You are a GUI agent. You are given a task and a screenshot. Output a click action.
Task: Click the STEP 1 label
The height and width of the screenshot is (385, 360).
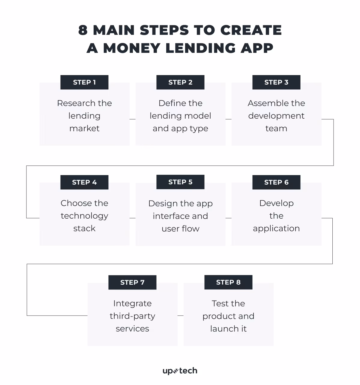84,82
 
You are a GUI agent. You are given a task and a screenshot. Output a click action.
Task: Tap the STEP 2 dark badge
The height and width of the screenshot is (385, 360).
180,82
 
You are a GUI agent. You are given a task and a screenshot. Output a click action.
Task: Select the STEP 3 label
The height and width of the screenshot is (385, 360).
276,82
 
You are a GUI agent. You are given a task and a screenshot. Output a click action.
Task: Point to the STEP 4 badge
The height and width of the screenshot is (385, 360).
84,182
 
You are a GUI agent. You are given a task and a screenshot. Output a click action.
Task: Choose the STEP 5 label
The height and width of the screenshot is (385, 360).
180,182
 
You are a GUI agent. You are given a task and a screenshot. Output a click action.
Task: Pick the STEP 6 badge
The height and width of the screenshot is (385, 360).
276,182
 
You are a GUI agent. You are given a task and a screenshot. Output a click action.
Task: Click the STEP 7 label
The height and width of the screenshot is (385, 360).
132,282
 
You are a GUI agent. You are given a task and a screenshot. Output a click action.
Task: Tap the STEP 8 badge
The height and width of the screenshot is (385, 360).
228,282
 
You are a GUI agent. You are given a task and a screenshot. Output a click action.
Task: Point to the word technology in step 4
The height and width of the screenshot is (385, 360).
84,216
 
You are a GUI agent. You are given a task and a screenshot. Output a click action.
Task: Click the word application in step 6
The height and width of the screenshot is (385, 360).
276,229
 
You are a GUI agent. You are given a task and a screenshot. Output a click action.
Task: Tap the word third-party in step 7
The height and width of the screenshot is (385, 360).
132,316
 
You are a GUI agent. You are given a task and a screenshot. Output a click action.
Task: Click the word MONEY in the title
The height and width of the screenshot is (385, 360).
132,48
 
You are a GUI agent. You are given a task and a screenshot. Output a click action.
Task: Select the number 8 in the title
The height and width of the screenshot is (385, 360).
83,30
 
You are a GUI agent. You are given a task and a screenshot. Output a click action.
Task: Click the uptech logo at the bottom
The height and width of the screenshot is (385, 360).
180,371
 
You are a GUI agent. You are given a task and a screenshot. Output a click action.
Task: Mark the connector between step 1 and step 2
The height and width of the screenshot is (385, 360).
133,119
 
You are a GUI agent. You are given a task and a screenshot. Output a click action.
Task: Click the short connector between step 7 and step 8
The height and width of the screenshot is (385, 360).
180,316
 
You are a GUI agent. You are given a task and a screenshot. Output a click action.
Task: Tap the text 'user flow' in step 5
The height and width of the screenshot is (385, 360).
180,229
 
